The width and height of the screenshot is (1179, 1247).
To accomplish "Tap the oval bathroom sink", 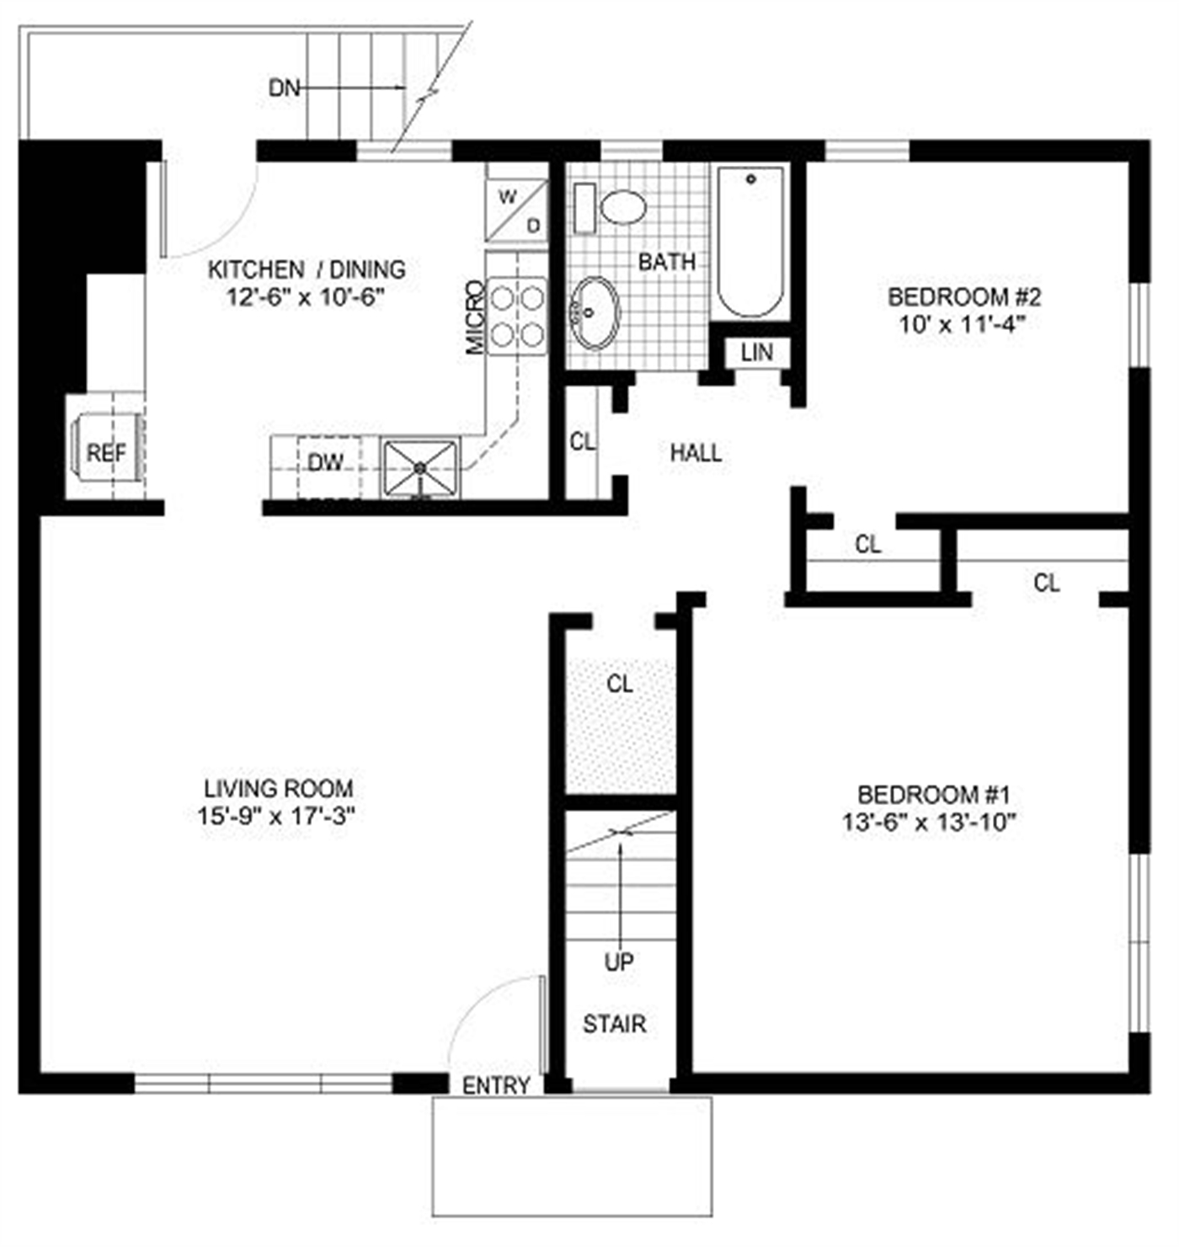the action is (595, 312).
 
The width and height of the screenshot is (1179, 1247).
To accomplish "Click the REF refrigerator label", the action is (107, 453).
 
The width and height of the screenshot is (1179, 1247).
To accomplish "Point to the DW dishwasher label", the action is (326, 462).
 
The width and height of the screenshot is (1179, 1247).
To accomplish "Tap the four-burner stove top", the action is (517, 316).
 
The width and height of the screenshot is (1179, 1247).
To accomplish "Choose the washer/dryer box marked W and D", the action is (517, 210).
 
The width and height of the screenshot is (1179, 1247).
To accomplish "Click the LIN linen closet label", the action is (757, 352).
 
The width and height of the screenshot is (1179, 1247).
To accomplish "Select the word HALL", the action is (696, 453).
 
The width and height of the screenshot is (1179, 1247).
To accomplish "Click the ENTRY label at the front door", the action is (495, 1086).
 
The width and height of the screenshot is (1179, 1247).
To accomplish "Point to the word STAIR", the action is (614, 1024).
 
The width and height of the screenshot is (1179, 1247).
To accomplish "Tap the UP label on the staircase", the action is (619, 962).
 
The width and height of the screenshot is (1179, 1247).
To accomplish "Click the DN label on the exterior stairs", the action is (285, 88).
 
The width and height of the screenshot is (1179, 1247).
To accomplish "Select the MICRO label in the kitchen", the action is (475, 317).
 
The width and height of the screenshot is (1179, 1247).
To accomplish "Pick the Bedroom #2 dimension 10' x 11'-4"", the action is (962, 325).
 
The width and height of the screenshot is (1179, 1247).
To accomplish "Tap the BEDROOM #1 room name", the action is (933, 794).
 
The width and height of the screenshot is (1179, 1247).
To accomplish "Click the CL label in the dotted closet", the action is (619, 684).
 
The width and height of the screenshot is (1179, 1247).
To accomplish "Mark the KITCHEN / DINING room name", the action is (307, 269).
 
